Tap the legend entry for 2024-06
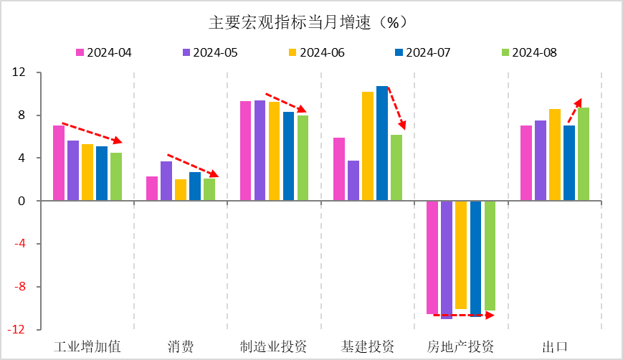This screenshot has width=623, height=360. pos(316,52)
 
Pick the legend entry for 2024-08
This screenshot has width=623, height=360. pos(528,52)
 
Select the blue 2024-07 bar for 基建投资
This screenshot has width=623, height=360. pos(382,143)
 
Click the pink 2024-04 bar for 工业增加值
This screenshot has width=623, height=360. pos(59,164)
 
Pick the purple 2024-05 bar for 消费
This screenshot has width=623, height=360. pos(166,181)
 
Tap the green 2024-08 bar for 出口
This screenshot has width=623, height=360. pos(584,154)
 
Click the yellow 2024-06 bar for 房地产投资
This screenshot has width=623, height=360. pos(461,255)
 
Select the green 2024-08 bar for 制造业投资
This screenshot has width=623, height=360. pos(303,158)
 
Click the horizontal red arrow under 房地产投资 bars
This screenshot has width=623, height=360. pos(459,315)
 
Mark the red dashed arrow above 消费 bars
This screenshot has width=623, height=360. pos(192,165)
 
